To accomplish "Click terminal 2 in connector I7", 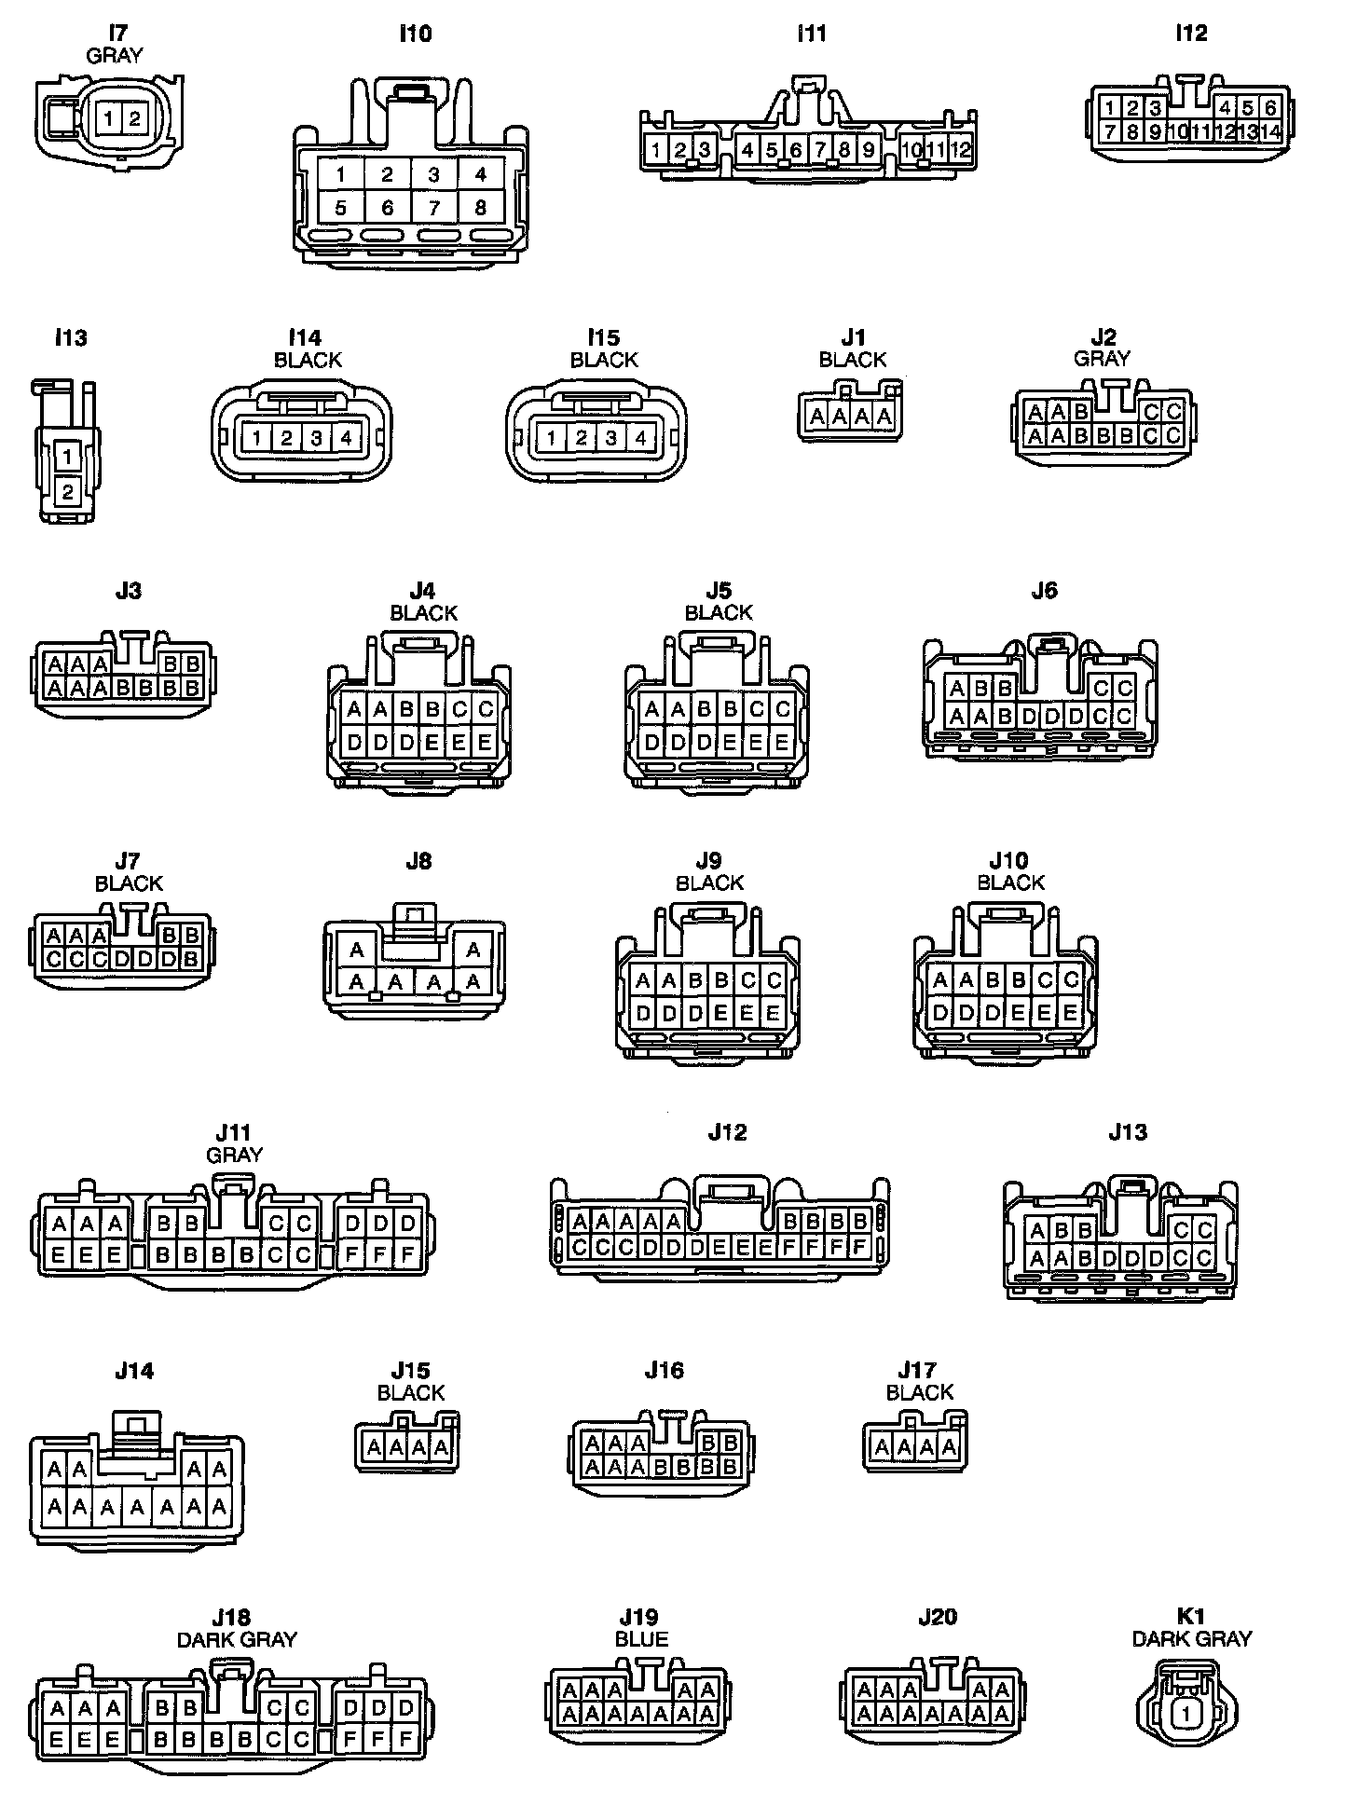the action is (x=134, y=118).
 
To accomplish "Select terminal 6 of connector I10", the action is (x=388, y=208).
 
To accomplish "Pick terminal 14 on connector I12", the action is (x=1270, y=131).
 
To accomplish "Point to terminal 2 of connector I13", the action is (x=67, y=491).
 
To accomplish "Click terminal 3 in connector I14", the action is (x=316, y=438).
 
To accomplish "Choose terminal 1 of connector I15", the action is (x=552, y=438).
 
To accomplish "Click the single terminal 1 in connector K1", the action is (x=1186, y=1713).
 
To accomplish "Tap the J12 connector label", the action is (x=727, y=1132).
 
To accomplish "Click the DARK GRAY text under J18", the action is (x=237, y=1639).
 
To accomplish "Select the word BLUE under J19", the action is (x=641, y=1639).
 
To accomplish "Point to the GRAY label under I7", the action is (x=115, y=56).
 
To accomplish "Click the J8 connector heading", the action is (x=418, y=861).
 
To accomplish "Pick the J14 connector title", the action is (x=134, y=1371).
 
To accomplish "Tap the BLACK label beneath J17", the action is (x=920, y=1392).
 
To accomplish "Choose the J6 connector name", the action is (x=1044, y=590).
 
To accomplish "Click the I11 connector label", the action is (x=812, y=34).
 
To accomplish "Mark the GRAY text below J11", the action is (x=234, y=1155).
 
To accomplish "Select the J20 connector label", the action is (x=938, y=1617).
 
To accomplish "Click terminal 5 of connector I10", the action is (x=340, y=208).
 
